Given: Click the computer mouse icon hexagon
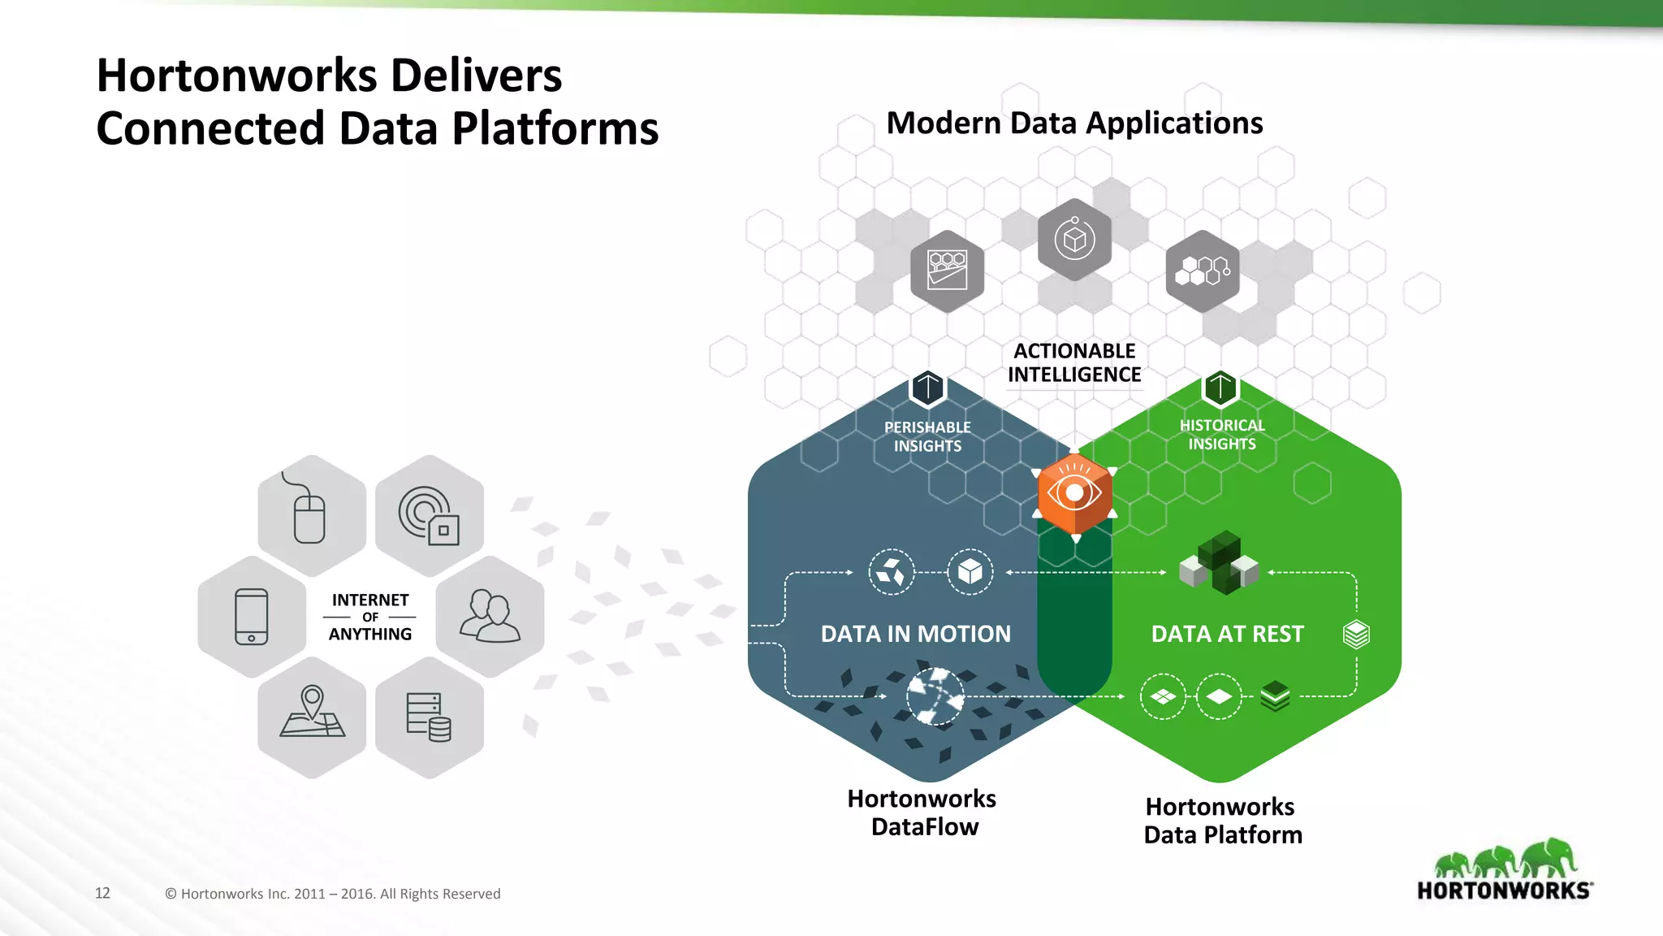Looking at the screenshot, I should (x=311, y=516).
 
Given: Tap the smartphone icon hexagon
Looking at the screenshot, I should (x=252, y=617).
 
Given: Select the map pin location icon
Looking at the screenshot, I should (x=312, y=712).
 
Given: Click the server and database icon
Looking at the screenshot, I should (x=429, y=717).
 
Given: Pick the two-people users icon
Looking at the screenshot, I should (x=490, y=617).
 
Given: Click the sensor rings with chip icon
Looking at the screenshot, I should (x=429, y=516).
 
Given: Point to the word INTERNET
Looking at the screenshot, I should (x=370, y=600).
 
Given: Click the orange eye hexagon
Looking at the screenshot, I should (x=1074, y=492).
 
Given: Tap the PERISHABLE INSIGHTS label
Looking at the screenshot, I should (x=927, y=436).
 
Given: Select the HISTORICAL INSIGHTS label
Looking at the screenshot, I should (x=1222, y=435).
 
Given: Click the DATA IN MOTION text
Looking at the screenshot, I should (x=916, y=634).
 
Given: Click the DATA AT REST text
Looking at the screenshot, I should (x=1227, y=634).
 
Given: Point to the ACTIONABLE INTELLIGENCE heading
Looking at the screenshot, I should (x=1074, y=362).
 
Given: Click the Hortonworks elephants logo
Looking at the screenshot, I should (x=1505, y=870).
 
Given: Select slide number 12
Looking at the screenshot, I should (x=102, y=893).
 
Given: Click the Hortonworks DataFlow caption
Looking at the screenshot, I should (x=922, y=812).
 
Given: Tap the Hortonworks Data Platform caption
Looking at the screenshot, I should (x=1222, y=821).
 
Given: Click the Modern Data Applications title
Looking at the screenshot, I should (x=1074, y=123).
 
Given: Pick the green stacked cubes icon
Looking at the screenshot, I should (x=1219, y=562).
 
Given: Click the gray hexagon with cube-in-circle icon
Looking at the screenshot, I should (x=1074, y=240).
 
